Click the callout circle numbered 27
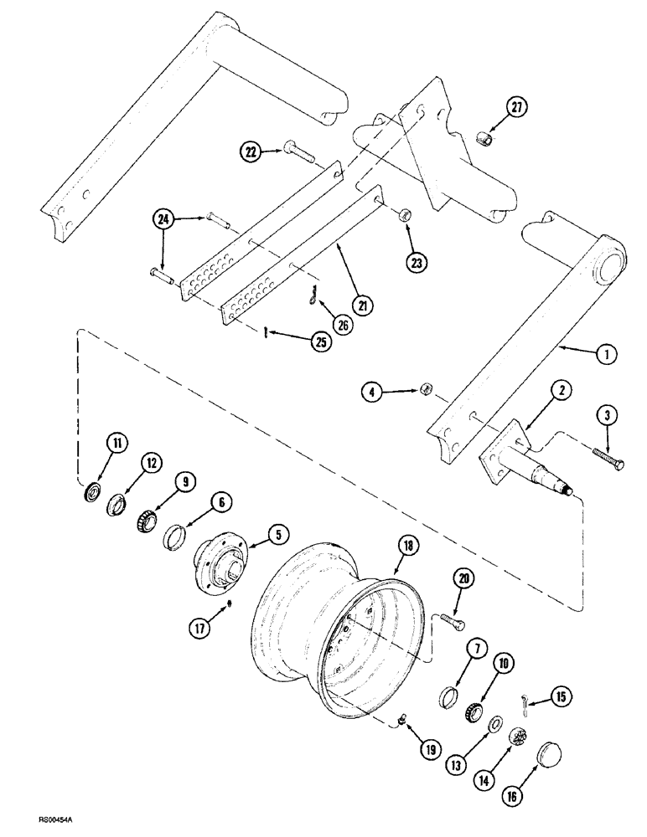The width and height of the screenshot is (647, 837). (516, 107)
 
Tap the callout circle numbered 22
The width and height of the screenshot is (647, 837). (250, 151)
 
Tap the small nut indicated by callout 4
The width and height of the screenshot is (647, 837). (427, 388)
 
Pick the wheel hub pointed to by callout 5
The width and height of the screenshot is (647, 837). (221, 557)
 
